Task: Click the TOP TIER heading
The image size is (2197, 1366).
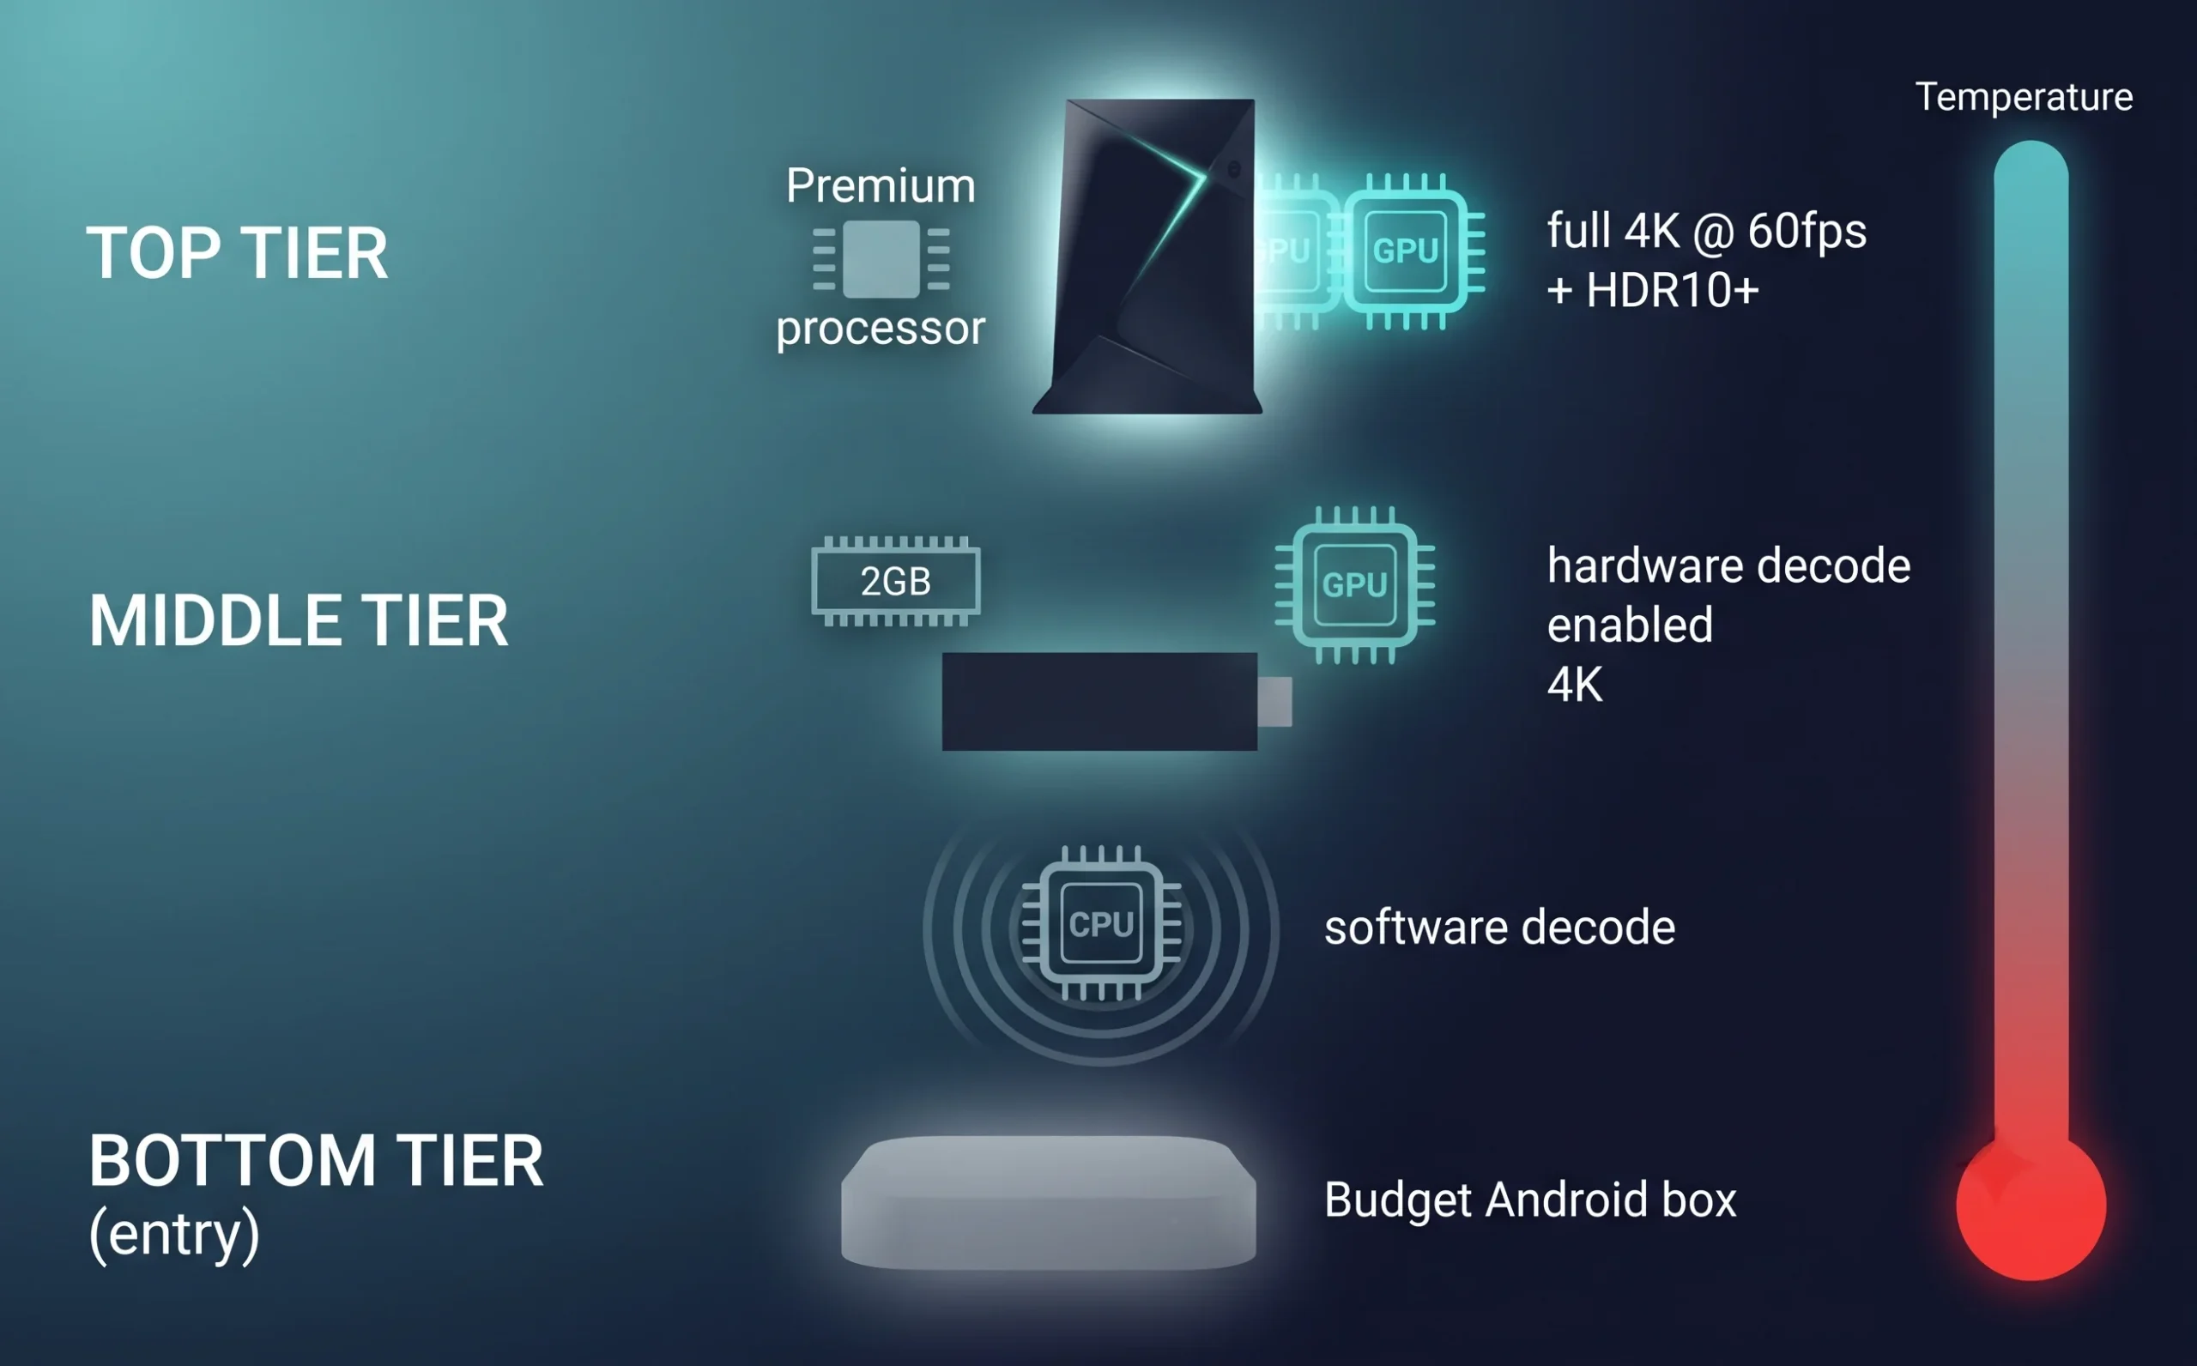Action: point(237,254)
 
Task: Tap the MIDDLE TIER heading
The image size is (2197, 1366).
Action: point(299,621)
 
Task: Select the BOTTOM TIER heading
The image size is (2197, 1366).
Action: point(316,1161)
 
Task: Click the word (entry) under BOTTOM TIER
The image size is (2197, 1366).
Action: point(174,1235)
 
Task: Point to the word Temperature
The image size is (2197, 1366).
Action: point(2024,97)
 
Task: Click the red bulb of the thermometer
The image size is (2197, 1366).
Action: point(2031,1207)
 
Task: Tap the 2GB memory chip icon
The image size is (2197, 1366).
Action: point(895,581)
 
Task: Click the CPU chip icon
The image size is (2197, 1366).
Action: point(1101,923)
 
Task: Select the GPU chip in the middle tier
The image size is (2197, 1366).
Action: point(1354,584)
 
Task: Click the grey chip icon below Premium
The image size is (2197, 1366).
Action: point(881,259)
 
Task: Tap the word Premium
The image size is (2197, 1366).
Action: point(881,186)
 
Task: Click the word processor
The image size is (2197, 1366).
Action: point(881,327)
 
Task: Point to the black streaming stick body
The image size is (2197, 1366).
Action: point(1099,701)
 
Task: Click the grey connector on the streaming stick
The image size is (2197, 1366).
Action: point(1274,701)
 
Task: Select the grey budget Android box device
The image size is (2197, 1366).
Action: point(1048,1201)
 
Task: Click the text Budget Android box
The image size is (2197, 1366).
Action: point(1530,1200)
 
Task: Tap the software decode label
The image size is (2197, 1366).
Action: point(1499,928)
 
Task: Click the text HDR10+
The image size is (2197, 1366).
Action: point(1672,291)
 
